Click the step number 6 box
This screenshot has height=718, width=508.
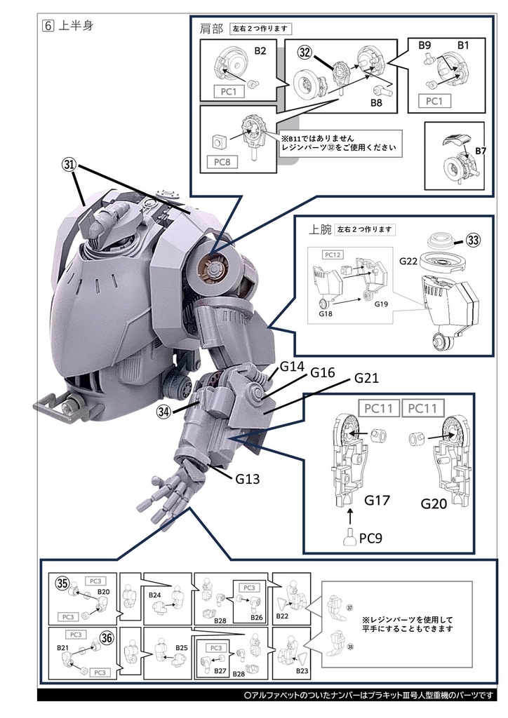[x=47, y=26]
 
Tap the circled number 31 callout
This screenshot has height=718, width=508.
[x=69, y=165]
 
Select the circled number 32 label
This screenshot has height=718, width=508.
[x=305, y=53]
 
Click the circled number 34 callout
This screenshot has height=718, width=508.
[x=165, y=411]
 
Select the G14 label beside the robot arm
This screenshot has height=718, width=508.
[x=292, y=366]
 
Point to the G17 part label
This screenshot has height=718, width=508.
[x=377, y=502]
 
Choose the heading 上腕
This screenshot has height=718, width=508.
[x=319, y=229]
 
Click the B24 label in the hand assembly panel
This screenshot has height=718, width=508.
[x=155, y=595]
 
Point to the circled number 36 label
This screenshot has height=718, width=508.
[x=106, y=639]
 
